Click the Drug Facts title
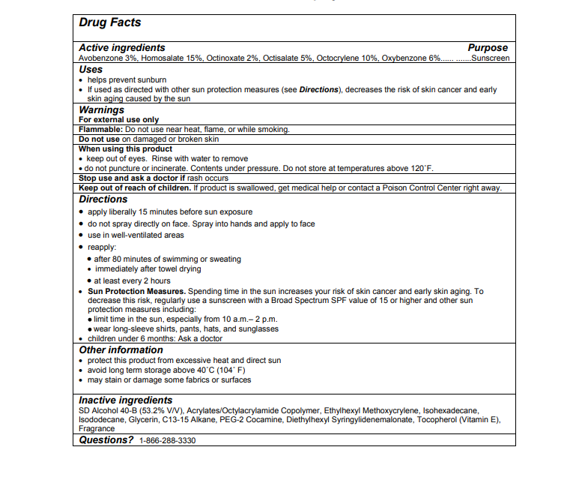point(110,23)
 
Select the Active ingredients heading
point(122,47)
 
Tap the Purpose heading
point(488,47)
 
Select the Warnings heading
point(102,109)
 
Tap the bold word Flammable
point(100,129)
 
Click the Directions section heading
point(103,199)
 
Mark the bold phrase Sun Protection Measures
point(136,291)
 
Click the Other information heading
point(121,349)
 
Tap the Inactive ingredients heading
point(126,400)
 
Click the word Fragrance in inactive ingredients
point(97,429)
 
